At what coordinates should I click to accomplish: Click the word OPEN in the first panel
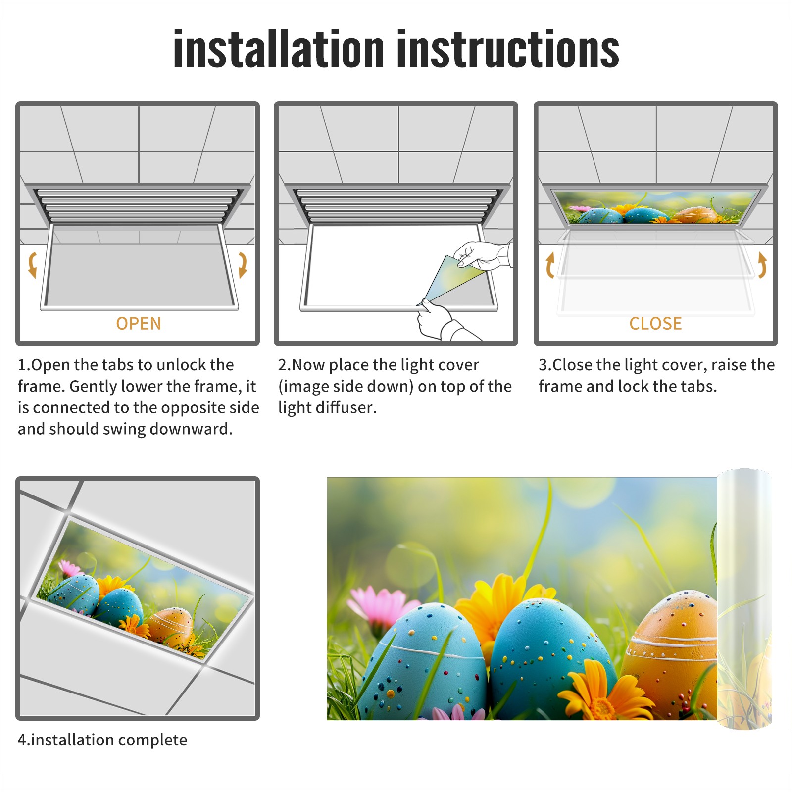pos(139,323)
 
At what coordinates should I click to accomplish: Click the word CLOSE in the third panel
pos(655,323)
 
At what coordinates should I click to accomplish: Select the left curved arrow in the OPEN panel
pos(32,265)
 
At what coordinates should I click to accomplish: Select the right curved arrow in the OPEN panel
pos(243,265)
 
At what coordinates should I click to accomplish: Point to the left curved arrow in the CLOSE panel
pos(550,265)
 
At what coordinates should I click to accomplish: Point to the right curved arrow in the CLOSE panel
pos(762,265)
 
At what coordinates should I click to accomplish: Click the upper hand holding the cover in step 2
pos(483,255)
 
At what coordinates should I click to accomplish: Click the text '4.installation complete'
pos(102,740)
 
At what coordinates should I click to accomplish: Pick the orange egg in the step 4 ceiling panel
pos(171,627)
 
